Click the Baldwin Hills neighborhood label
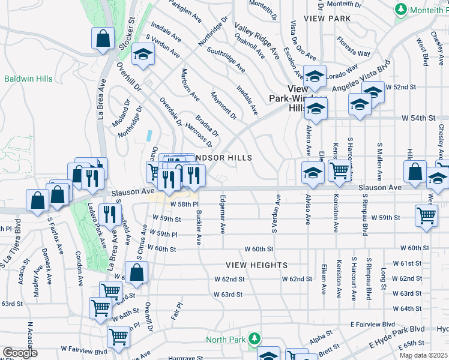[28, 79]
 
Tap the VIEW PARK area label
[327, 19]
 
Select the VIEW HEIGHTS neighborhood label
[256, 265]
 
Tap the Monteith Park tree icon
[401, 10]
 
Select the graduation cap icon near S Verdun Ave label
[143, 55]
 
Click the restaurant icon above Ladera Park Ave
[110, 214]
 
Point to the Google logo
[20, 353]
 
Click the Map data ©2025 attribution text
[423, 355]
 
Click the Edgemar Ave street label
[223, 214]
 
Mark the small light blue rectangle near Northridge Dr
[148, 136]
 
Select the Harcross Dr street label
[199, 134]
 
